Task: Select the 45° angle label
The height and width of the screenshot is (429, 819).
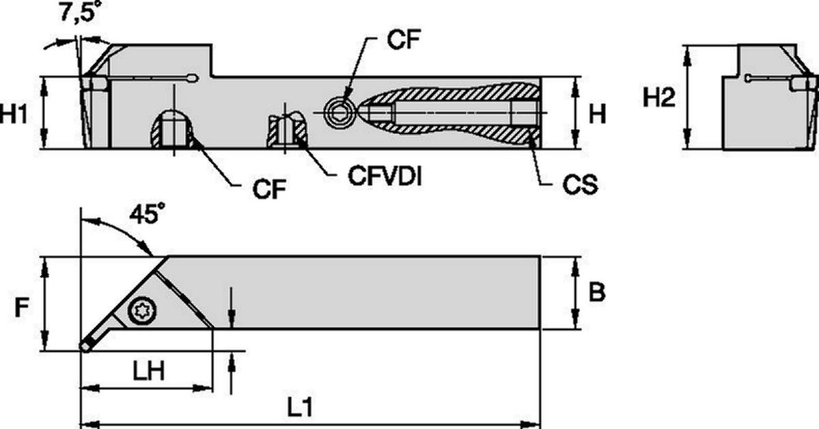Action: [x=147, y=215]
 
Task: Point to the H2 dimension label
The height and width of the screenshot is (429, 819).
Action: [x=660, y=98]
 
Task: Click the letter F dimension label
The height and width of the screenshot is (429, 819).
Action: [x=23, y=308]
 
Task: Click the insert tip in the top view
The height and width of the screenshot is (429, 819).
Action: [x=86, y=346]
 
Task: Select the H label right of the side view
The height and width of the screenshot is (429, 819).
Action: [x=597, y=115]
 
